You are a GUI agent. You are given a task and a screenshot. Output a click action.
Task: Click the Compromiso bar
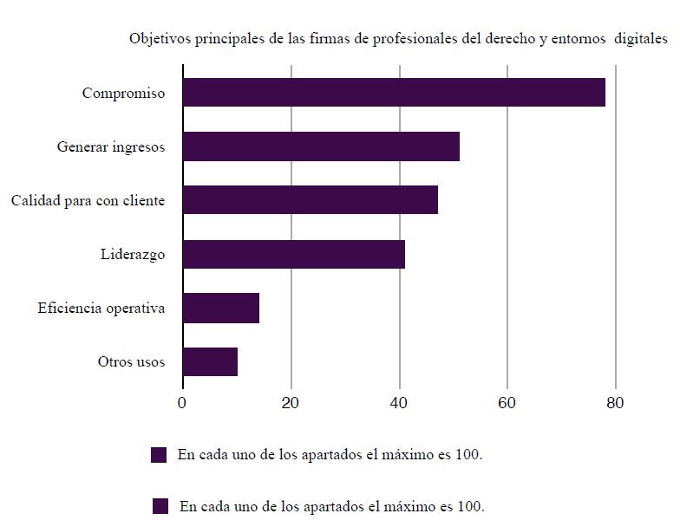(x=394, y=93)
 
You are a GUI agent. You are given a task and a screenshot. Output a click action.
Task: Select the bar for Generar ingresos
(x=321, y=146)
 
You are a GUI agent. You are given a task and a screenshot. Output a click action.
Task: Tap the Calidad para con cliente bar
(x=311, y=200)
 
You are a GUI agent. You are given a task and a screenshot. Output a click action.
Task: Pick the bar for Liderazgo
(x=294, y=254)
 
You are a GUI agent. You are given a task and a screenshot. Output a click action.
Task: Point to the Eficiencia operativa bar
(x=221, y=308)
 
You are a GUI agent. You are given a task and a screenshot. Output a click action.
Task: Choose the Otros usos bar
(x=210, y=361)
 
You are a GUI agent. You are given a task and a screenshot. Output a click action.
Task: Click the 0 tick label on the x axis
(x=182, y=403)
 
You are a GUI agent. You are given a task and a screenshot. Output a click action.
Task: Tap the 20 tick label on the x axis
(x=291, y=403)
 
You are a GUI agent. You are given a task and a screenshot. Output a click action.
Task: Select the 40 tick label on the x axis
(x=399, y=403)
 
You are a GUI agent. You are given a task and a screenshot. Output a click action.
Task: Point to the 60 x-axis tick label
(x=507, y=403)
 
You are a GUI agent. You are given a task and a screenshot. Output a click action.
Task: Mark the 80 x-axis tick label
(x=615, y=403)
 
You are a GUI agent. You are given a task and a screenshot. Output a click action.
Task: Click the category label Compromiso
(x=123, y=94)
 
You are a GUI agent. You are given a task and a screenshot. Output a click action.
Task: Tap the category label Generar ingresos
(x=111, y=147)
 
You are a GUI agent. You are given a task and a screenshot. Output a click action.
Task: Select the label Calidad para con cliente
(x=88, y=201)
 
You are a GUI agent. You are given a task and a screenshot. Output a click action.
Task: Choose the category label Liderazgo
(x=133, y=255)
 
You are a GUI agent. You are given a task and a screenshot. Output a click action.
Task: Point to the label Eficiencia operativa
(x=101, y=309)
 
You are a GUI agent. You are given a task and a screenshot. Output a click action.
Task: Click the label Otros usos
(x=131, y=362)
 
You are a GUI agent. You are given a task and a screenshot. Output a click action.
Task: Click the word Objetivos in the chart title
(x=158, y=39)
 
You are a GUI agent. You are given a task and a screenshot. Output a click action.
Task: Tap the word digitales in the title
(x=640, y=39)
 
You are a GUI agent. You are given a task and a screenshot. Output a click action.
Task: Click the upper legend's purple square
(x=159, y=455)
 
